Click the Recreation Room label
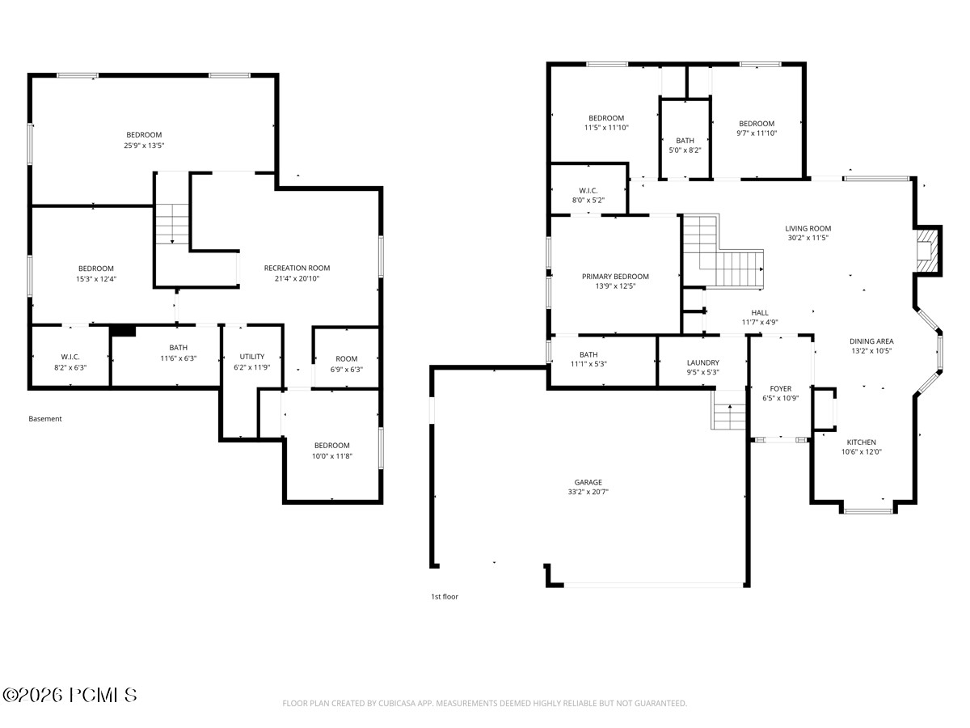297,268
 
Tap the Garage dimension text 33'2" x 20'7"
588,492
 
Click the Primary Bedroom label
615,277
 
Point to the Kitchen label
861,442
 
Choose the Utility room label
252,356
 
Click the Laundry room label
702,362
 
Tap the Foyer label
780,388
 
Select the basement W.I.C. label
70,357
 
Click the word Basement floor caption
45,418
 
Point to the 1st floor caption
445,597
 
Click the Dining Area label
871,341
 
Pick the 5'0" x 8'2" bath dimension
685,150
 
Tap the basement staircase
172,224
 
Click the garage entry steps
727,410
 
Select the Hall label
760,312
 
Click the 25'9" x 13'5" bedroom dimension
144,146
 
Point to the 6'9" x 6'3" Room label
346,359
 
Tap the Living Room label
808,229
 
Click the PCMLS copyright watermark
70,696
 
